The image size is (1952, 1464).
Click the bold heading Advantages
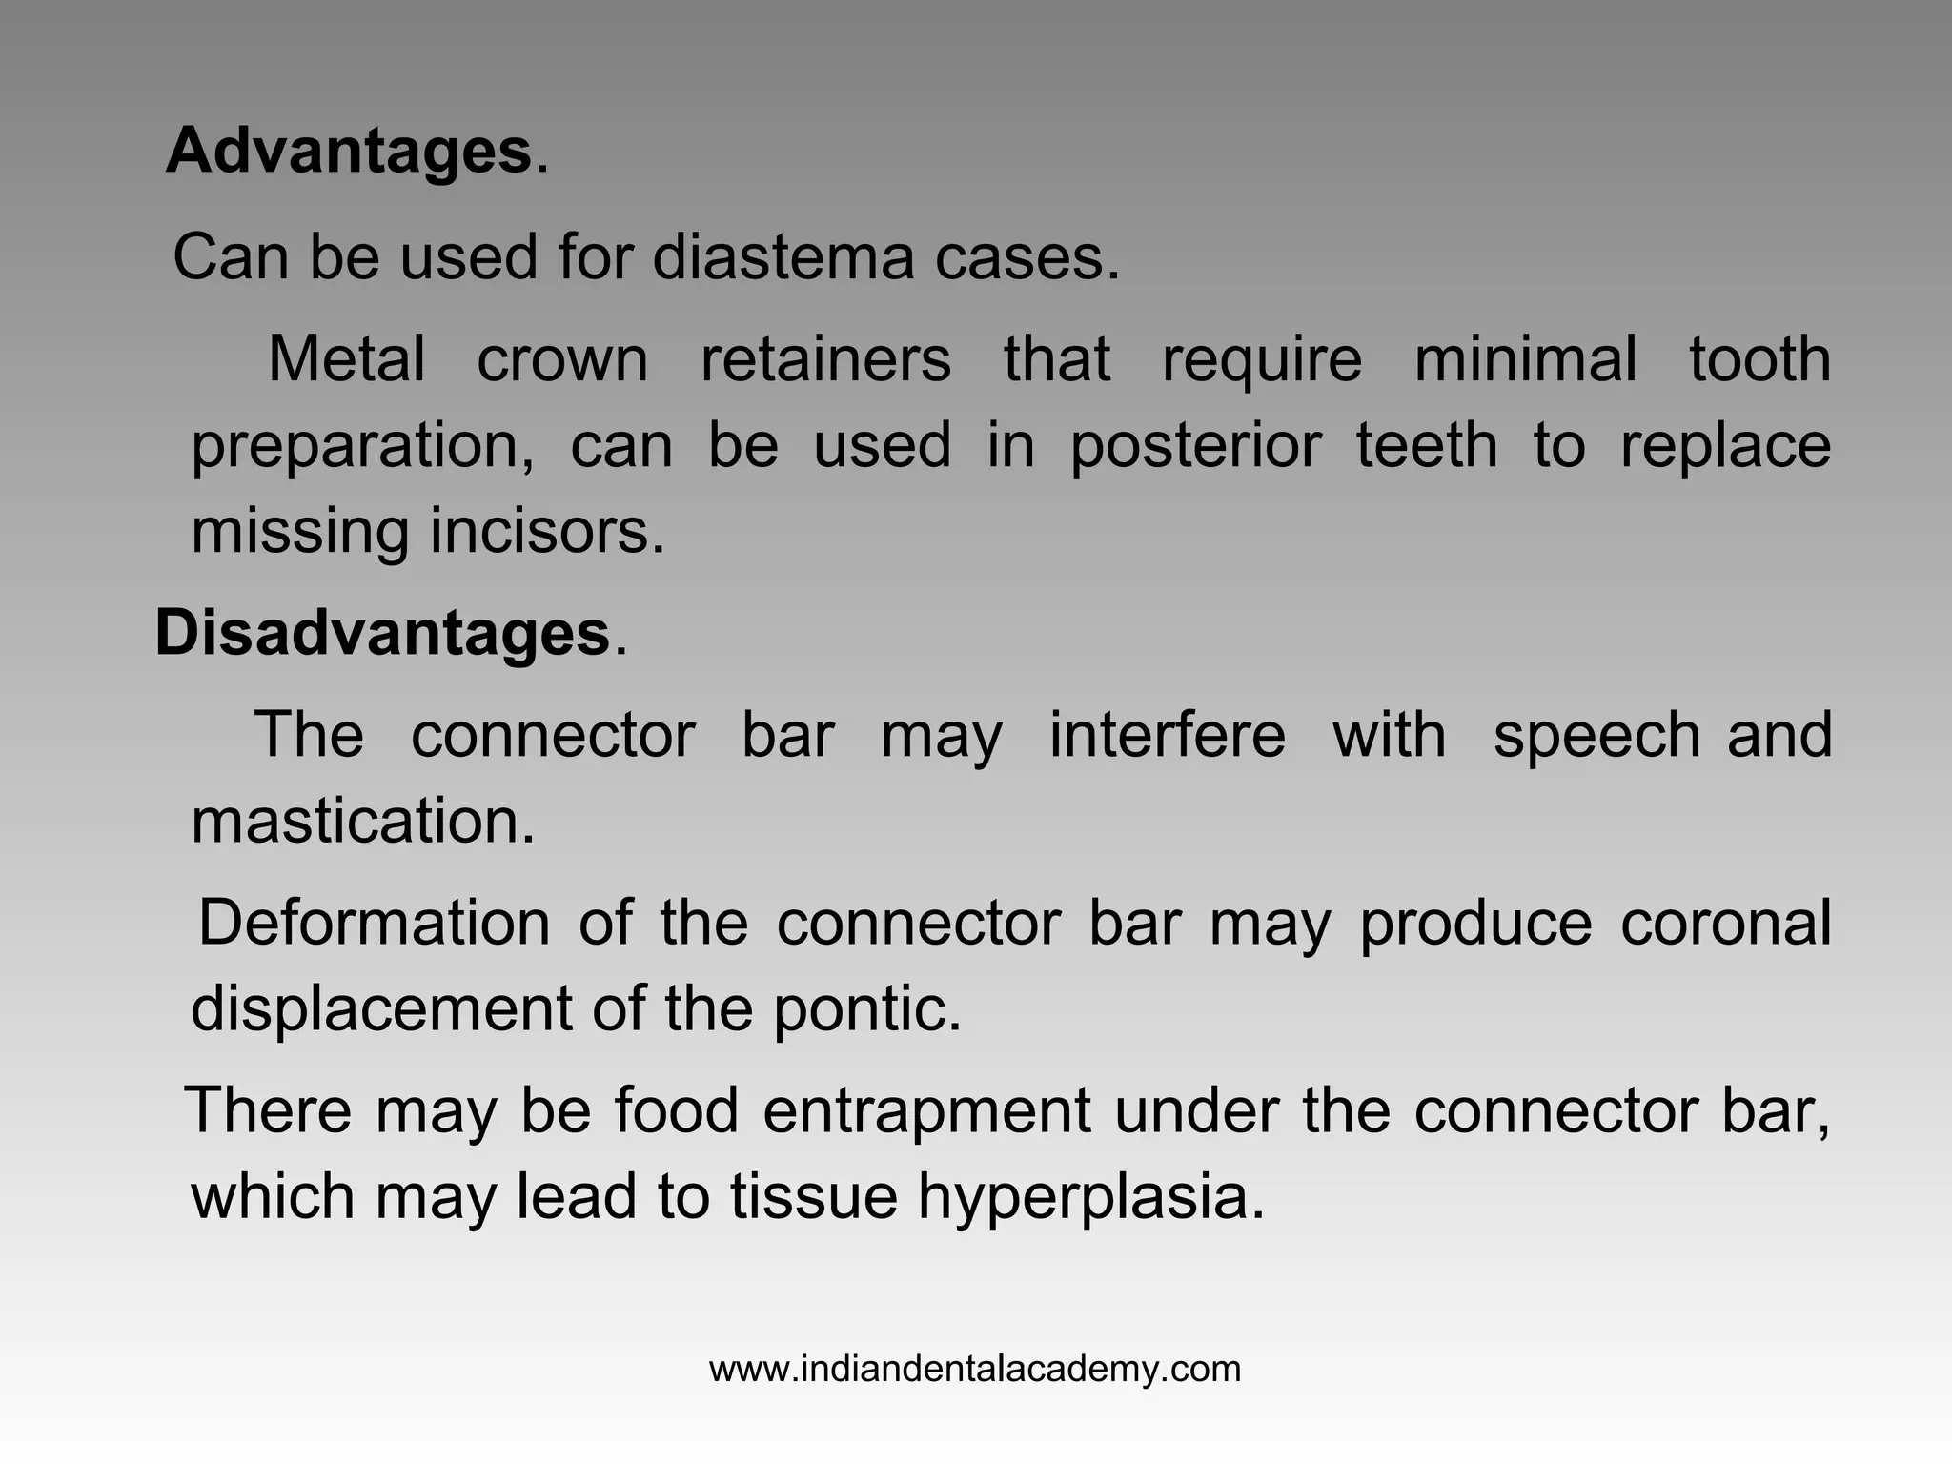(349, 152)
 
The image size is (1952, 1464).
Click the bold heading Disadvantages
(382, 633)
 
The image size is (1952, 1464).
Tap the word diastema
(782, 257)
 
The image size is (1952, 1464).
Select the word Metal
(346, 359)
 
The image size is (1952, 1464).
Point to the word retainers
(825, 359)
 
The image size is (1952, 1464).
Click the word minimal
(1525, 359)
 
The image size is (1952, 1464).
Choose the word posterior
(1195, 446)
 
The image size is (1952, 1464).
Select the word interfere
(1167, 735)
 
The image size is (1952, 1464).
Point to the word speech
(1596, 735)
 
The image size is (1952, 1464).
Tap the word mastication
(363, 821)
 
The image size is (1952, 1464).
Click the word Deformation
(374, 923)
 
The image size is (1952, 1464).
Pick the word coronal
(1725, 923)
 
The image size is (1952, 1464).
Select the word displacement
(381, 1008)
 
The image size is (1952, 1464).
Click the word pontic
(865, 1008)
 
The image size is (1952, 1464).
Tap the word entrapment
(926, 1111)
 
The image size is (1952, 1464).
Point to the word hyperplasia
(1090, 1197)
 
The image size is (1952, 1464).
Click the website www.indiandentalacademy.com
(975, 1370)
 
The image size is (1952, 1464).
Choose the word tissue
(813, 1197)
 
